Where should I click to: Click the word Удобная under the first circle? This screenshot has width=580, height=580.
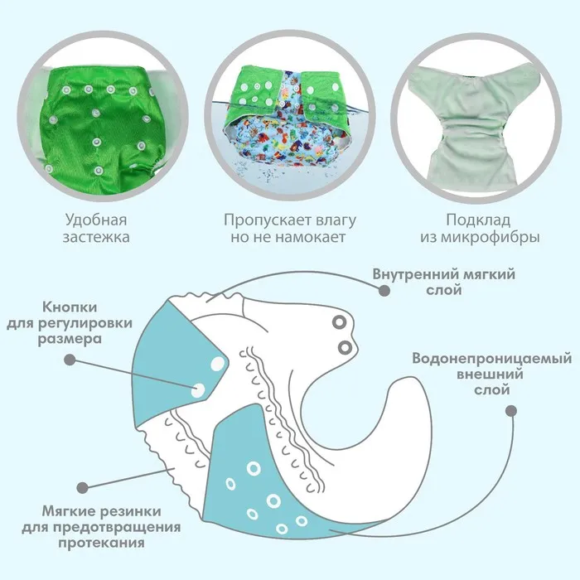pyautogui.click(x=96, y=220)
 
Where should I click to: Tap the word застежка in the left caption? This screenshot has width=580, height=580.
pyautogui.click(x=96, y=237)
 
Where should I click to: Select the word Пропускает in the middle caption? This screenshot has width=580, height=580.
pyautogui.click(x=263, y=220)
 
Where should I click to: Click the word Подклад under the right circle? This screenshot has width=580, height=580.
pyautogui.click(x=478, y=220)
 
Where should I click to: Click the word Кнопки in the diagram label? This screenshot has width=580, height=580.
pyautogui.click(x=70, y=307)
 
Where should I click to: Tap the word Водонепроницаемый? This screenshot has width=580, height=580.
pyautogui.click(x=492, y=359)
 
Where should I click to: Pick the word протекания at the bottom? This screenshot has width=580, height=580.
pyautogui.click(x=101, y=543)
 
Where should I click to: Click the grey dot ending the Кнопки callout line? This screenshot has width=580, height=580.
pyautogui.click(x=70, y=360)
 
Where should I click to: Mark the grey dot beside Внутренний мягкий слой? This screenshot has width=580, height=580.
pyautogui.click(x=384, y=291)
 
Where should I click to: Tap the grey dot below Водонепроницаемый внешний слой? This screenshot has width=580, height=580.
pyautogui.click(x=511, y=411)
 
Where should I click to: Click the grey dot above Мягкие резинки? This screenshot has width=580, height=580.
pyautogui.click(x=83, y=487)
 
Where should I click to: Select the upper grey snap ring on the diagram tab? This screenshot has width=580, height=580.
pyautogui.click(x=339, y=322)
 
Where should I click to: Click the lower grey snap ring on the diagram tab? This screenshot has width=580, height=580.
pyautogui.click(x=345, y=348)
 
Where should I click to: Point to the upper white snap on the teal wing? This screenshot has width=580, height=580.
pyautogui.click(x=218, y=364)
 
